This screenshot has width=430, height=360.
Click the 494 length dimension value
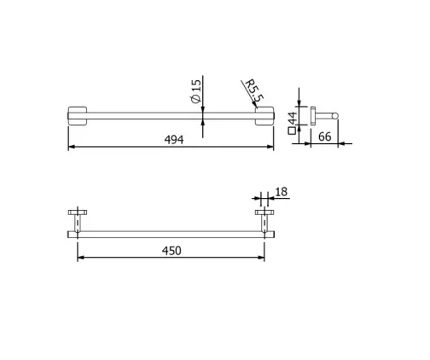174,140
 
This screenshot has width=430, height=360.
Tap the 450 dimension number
171,251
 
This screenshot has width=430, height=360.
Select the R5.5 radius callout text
254,91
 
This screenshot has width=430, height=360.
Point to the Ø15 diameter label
195,91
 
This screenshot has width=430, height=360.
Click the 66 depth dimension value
324,136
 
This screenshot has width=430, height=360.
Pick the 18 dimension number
282,192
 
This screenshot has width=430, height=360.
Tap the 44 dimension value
293,118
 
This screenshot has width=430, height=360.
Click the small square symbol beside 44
292,131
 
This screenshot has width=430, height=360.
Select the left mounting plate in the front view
78,116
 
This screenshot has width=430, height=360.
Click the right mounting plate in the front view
264,116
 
